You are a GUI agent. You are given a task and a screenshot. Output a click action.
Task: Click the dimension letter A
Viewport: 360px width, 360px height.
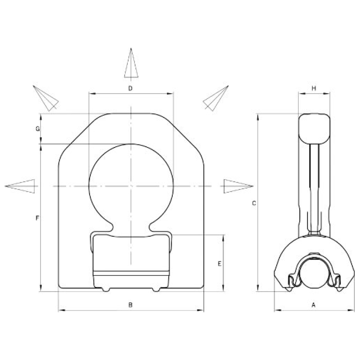(313, 305)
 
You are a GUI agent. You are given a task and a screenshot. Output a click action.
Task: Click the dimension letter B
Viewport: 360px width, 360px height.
(130, 305)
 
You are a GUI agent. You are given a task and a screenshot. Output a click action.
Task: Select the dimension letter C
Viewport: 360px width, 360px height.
(254, 203)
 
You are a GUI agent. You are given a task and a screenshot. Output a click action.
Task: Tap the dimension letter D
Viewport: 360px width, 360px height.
(130, 88)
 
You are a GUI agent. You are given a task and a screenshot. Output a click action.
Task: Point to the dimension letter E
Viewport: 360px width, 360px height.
(220, 264)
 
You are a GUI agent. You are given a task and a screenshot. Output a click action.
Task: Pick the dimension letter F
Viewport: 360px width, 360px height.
(37, 218)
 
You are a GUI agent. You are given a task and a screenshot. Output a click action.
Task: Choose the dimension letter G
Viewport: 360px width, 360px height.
(38, 129)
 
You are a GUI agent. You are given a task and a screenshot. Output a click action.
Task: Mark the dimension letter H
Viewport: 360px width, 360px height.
(314, 88)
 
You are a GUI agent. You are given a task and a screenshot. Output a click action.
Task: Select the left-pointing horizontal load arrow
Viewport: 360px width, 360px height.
(20, 186)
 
